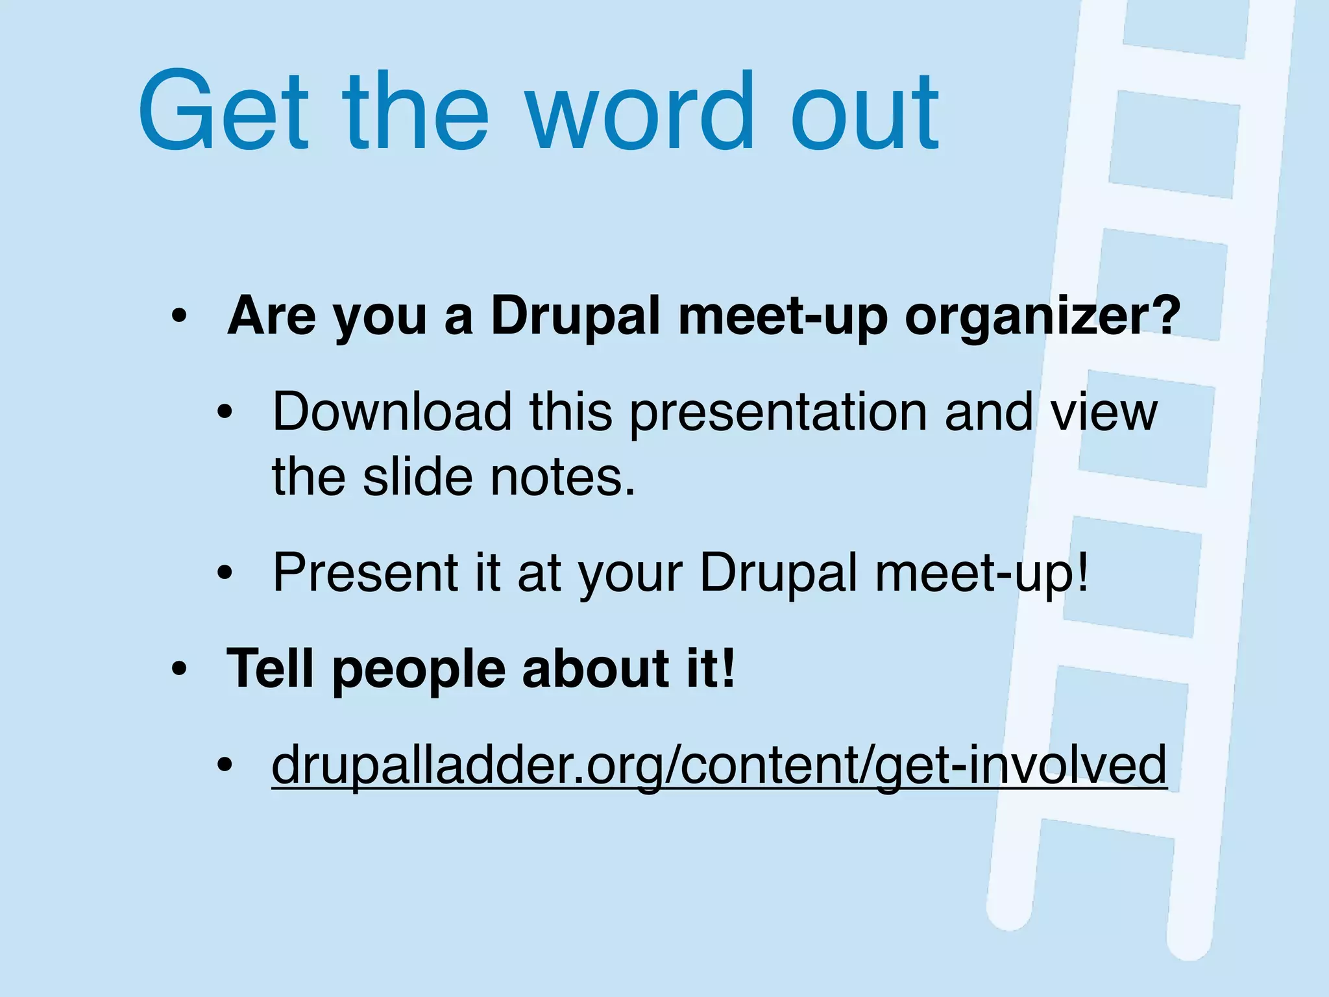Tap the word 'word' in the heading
[639, 112]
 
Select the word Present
[365, 572]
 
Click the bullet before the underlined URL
[225, 765]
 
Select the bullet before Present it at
[225, 572]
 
